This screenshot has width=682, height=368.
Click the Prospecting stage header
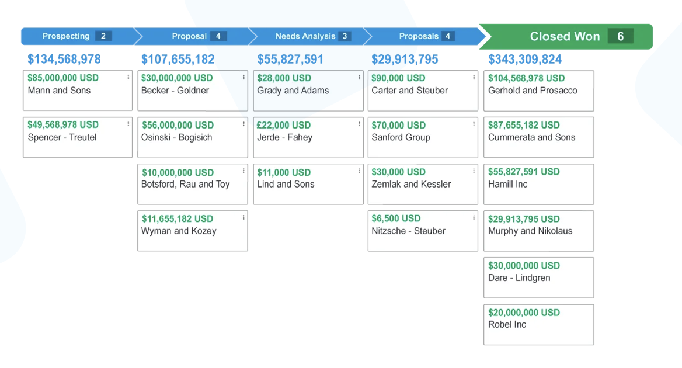coord(66,36)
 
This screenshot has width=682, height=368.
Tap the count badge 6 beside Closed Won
coord(620,36)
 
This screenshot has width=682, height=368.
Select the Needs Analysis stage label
coord(305,36)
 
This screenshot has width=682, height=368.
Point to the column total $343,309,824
coord(525,59)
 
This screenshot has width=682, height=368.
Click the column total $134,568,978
coord(64,59)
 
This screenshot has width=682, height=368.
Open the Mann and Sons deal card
coord(77,91)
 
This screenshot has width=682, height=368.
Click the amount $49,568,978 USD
coord(63,124)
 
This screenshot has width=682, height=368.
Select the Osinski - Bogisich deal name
coord(176,137)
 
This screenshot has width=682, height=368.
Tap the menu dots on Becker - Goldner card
coord(243,78)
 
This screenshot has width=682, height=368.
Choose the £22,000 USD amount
coord(284,125)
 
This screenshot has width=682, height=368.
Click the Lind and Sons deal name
coord(286,184)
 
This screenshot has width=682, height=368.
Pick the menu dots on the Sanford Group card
coord(474,124)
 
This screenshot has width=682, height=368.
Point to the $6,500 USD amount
coord(396,218)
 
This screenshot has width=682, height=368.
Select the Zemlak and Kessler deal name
coord(411,184)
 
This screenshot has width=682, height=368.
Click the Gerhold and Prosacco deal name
coord(533,91)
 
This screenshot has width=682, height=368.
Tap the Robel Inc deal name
coord(507,324)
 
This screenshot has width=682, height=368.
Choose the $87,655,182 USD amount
coord(524,125)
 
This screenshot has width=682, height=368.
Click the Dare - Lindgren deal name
coord(519,277)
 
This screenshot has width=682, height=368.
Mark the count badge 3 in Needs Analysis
coord(345,36)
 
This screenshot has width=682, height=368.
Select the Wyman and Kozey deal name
coord(179,231)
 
